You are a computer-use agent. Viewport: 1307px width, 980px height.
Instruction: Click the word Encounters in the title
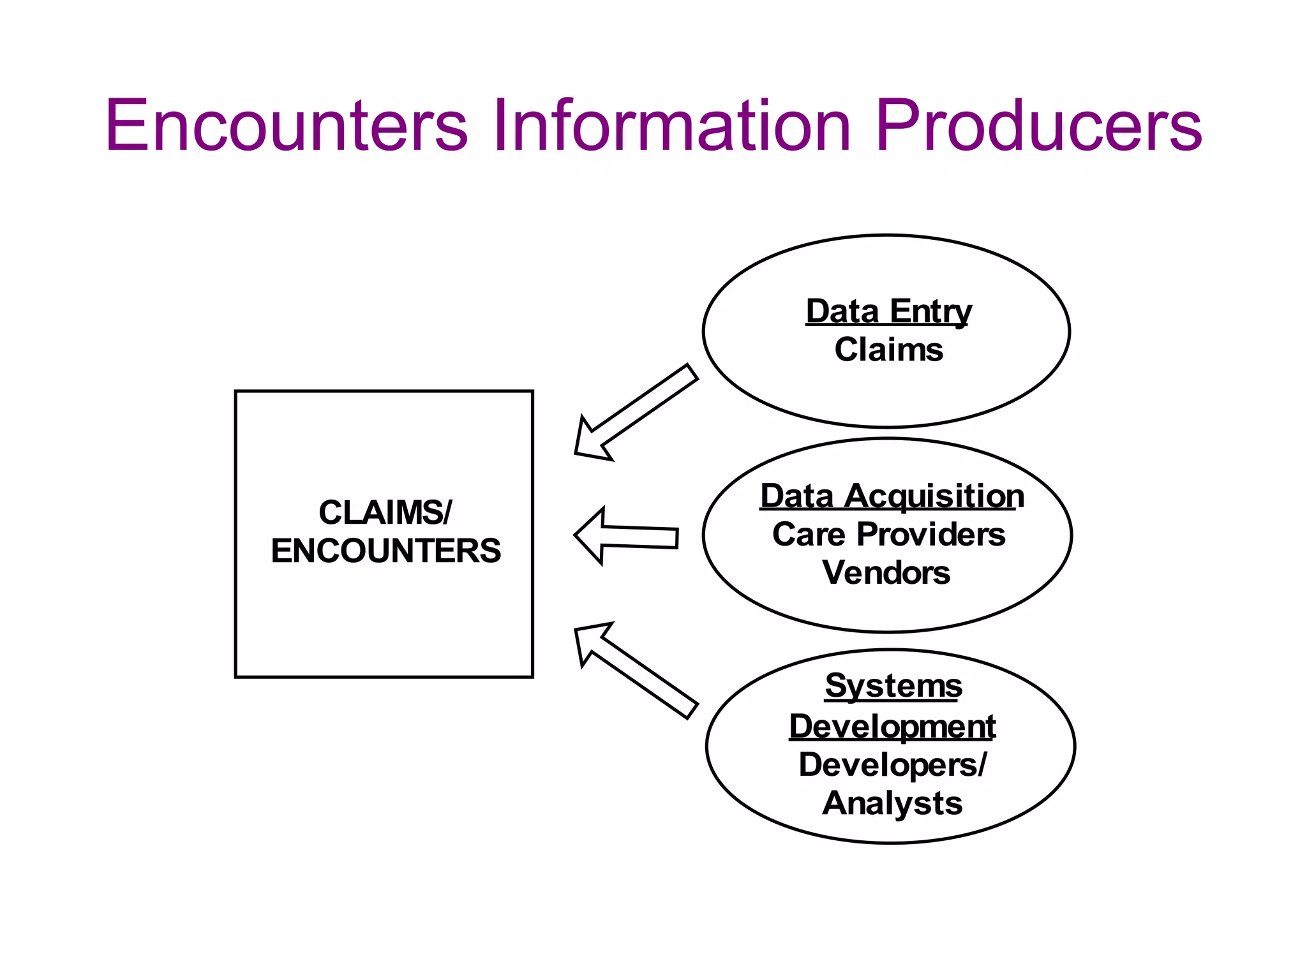coord(287,126)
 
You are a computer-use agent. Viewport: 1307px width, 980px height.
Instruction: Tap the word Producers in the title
coord(1038,126)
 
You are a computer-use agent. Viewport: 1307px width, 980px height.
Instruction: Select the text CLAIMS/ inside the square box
coord(385,512)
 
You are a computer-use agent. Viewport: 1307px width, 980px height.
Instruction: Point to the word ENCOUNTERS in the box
coord(385,551)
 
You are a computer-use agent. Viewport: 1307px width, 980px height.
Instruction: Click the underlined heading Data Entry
coord(888,312)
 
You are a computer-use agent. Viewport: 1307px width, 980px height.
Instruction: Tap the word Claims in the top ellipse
coord(888,350)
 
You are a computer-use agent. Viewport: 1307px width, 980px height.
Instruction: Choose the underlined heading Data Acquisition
coord(892,496)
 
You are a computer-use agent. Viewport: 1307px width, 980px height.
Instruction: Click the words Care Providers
coord(888,535)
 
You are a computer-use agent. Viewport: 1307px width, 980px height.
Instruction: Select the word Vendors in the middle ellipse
coord(886,572)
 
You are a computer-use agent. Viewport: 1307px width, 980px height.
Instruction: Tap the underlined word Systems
coord(893,686)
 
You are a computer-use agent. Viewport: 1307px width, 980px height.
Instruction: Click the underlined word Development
coord(892,726)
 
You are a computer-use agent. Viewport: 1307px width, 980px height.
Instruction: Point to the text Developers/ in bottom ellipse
coord(892,764)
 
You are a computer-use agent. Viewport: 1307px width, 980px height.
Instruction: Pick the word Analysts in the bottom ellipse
coord(892,803)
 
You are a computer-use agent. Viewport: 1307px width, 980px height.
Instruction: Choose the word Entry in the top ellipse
coord(930,312)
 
